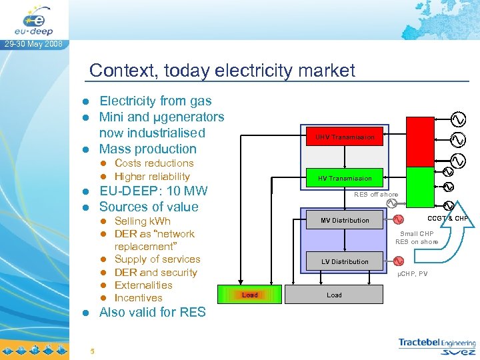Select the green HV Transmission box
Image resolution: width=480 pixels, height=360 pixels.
pos(345,178)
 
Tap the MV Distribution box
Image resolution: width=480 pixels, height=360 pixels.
pos(345,220)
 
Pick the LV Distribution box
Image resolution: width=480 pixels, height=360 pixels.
pos(345,261)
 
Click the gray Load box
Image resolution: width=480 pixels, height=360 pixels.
pos(335,295)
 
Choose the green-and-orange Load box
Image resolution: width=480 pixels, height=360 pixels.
pos(250,295)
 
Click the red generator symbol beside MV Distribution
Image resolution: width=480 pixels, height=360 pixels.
pos(398,220)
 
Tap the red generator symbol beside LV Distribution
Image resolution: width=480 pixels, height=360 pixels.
pos(398,261)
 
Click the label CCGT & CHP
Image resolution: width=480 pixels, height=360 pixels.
pos(448,218)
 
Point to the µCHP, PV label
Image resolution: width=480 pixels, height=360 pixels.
pos(413,274)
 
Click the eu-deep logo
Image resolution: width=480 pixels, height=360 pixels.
pos(33,20)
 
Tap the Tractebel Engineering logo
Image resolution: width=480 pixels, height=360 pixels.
pos(437,346)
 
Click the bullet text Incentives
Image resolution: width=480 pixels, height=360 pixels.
pos(138,298)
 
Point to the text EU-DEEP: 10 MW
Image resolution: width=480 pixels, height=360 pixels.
pos(153,191)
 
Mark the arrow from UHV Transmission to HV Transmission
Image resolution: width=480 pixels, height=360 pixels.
pos(345,157)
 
